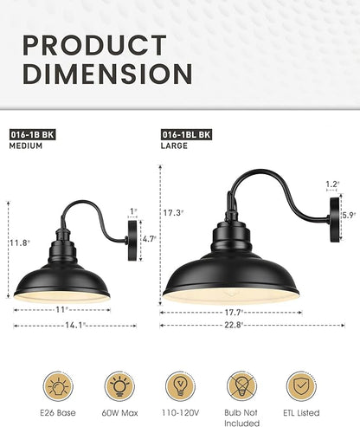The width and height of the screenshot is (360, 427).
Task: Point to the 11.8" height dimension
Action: [19, 243]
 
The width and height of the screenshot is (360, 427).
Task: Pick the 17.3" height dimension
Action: [173, 212]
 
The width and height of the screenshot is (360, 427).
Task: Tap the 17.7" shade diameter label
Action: [230, 313]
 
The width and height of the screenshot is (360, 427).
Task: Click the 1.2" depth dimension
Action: [332, 184]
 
